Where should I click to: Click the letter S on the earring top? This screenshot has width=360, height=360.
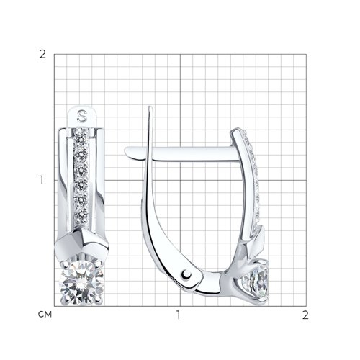pos(81,116)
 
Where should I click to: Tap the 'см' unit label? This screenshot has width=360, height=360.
pos(45,315)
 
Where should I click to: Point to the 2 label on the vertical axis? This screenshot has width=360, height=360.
pos(42,55)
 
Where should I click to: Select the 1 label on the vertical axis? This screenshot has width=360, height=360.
pos(42,180)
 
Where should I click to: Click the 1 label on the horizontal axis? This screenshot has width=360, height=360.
pos(178,315)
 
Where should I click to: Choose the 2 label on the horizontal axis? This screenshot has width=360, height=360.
pos(305,315)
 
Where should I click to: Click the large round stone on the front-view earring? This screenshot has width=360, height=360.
pos(81,282)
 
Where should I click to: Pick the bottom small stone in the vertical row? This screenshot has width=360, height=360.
pos(81,213)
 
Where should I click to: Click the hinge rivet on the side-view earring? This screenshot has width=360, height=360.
pos(186,274)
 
